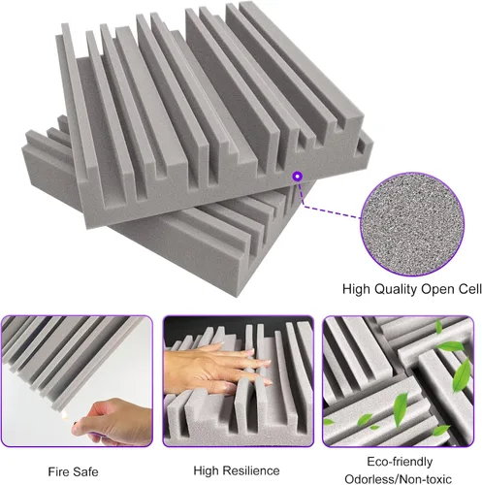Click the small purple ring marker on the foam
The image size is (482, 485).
[x=298, y=177]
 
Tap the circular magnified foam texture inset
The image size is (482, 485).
[x=412, y=224]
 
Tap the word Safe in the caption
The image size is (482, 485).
[x=85, y=471]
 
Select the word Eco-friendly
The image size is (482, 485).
[x=400, y=462]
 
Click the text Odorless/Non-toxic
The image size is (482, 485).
[x=398, y=479]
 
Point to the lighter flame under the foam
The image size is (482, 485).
[x=66, y=413]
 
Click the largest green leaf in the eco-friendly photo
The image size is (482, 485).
[x=462, y=375]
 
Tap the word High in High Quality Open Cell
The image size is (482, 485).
[x=357, y=289]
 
